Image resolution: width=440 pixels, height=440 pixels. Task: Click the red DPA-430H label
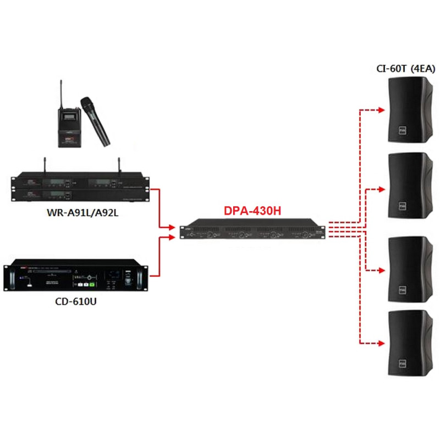point(254,210)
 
